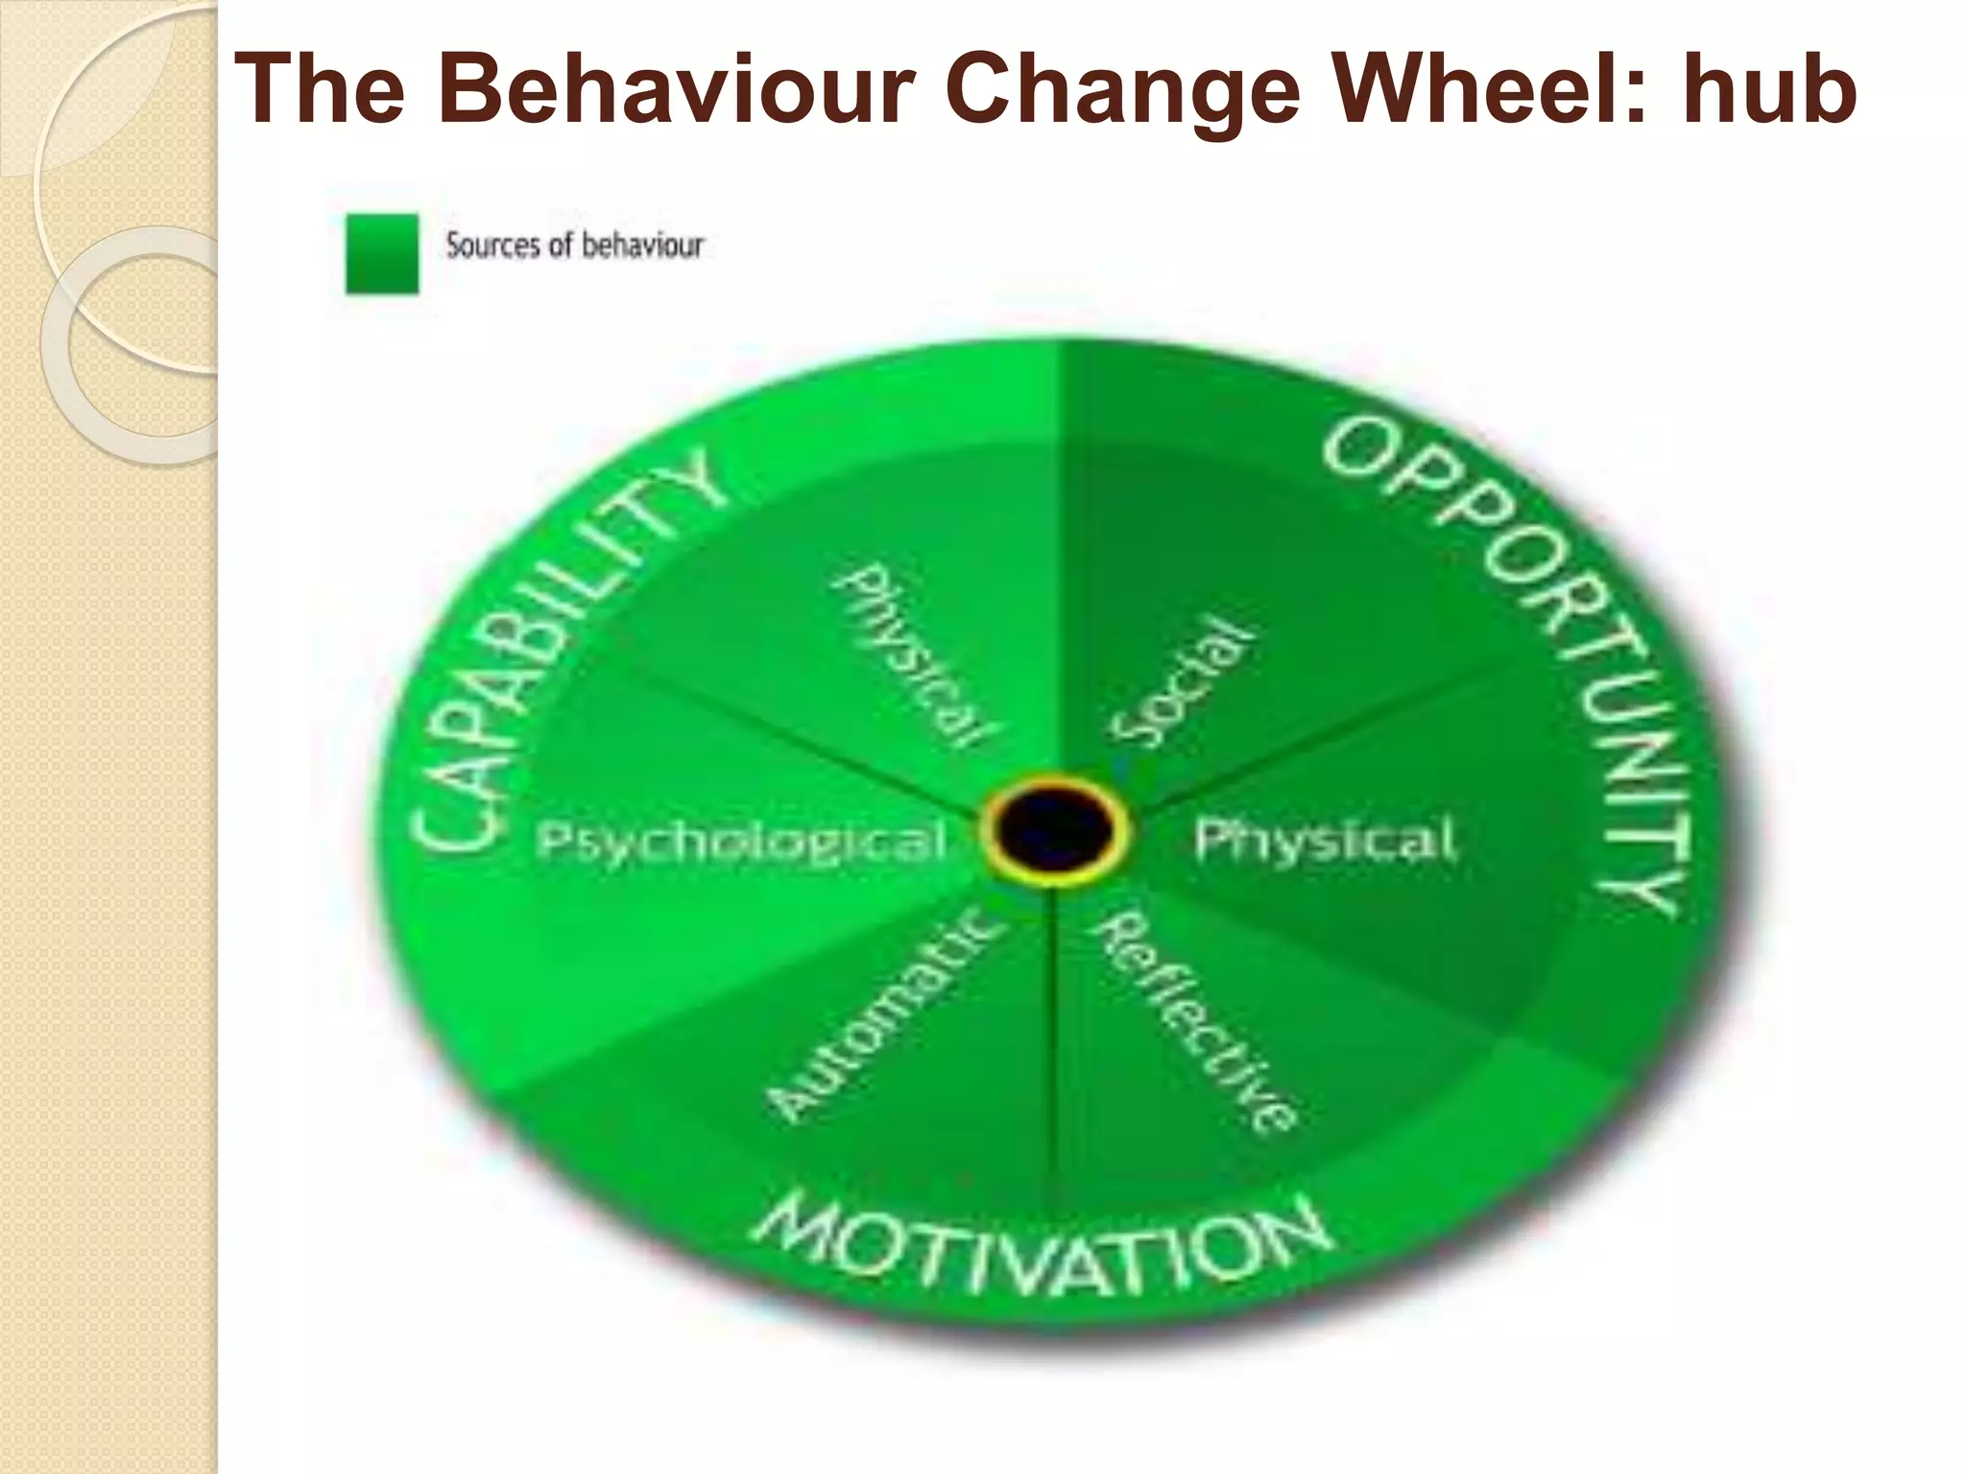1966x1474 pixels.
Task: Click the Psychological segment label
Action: point(741,843)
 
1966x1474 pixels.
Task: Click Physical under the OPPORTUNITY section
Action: point(1325,841)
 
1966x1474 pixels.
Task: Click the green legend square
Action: point(382,253)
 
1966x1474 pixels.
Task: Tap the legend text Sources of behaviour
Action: point(574,246)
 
